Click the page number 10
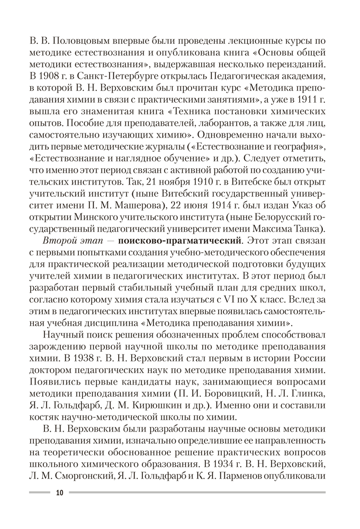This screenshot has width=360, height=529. (58, 492)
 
